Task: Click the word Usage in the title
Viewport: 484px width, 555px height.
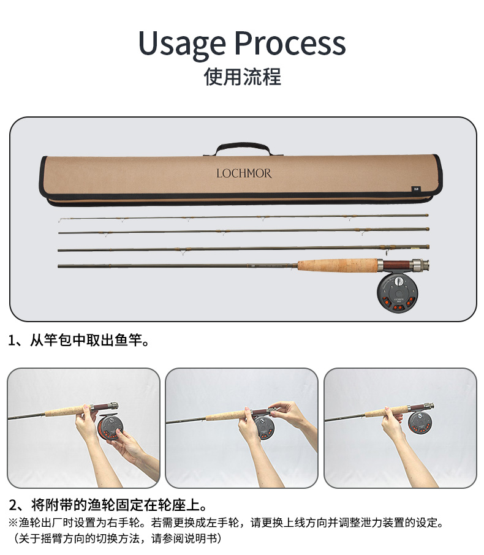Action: point(182,43)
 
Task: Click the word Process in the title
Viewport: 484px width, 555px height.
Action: point(290,43)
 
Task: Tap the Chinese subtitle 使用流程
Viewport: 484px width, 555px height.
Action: point(242,77)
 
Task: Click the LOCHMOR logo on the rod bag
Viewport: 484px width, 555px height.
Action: point(244,173)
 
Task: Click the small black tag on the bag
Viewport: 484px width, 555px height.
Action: point(415,189)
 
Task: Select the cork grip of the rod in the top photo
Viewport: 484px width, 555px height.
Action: point(338,265)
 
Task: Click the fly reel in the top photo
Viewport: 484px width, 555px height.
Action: point(397,293)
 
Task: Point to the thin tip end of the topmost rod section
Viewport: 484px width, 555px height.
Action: point(60,221)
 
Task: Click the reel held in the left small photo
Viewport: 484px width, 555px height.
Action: point(110,427)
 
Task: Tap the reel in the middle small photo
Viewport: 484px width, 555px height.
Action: point(265,428)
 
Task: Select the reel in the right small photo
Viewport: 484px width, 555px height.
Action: point(420,423)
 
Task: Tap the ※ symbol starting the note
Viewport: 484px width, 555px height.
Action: point(13,523)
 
